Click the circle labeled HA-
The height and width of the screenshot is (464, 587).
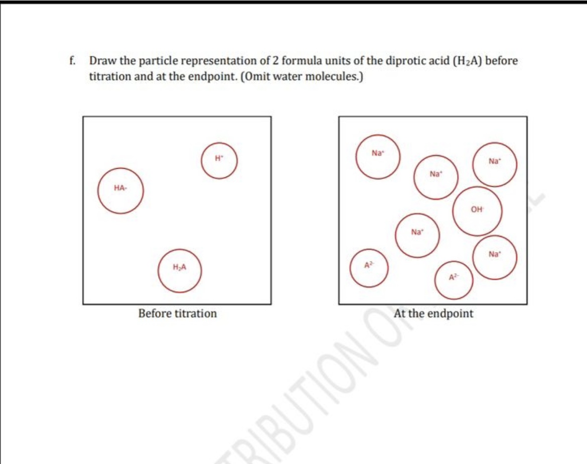tap(120, 191)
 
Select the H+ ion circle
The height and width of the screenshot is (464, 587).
tap(219, 161)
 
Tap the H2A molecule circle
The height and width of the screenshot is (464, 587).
tap(180, 271)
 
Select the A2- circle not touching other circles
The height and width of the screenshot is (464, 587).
tap(369, 268)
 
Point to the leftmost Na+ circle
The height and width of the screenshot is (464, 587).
tap(378, 156)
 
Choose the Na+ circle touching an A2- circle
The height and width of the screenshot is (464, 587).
tap(494, 257)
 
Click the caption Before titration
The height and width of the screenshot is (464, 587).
tap(178, 314)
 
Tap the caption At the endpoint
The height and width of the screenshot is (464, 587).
tap(433, 314)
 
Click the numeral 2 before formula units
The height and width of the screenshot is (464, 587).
tap(275, 62)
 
